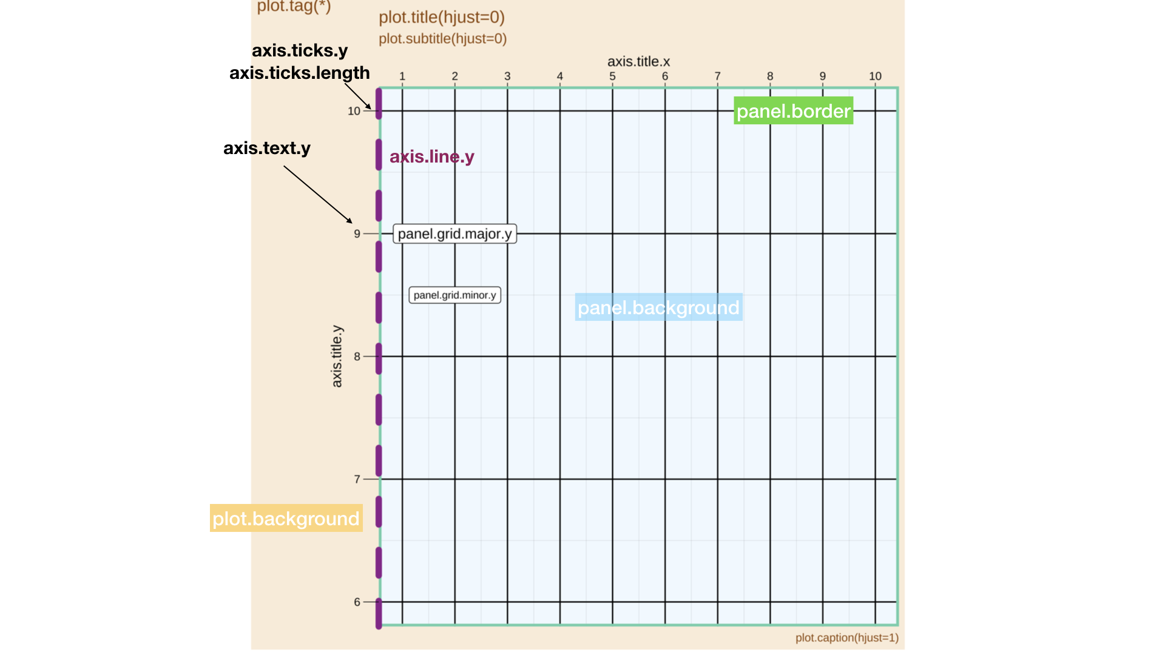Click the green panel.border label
tap(793, 111)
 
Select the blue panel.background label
tap(658, 307)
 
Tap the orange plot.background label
tap(286, 519)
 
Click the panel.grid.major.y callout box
tap(454, 234)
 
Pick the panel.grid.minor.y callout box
tap(454, 295)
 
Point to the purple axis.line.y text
tap(431, 156)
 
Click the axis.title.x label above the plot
tap(638, 61)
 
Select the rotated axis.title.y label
tap(337, 356)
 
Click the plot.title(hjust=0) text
tap(441, 17)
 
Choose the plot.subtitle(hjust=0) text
tap(442, 39)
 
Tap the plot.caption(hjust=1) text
tap(846, 637)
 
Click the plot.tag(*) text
tap(294, 6)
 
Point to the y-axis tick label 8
tap(357, 357)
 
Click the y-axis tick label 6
tap(357, 602)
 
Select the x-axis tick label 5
tap(612, 76)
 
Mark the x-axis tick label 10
tap(874, 76)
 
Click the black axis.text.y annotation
tap(267, 148)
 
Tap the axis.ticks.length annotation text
tap(299, 73)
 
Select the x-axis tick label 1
tap(402, 76)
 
